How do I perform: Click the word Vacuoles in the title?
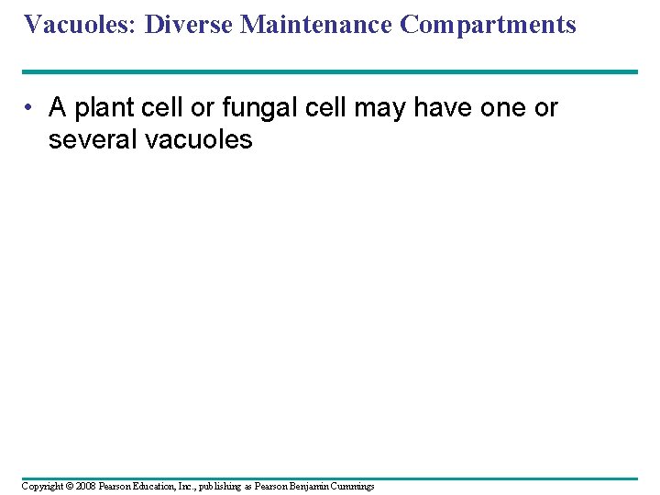click(78, 24)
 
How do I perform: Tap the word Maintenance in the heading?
click(317, 24)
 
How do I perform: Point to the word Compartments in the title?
click(488, 25)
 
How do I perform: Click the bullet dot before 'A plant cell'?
click(31, 109)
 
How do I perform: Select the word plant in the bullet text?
click(104, 108)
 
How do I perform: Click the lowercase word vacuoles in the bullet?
click(203, 140)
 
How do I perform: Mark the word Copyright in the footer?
click(42, 486)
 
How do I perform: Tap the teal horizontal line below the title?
click(330, 71)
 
